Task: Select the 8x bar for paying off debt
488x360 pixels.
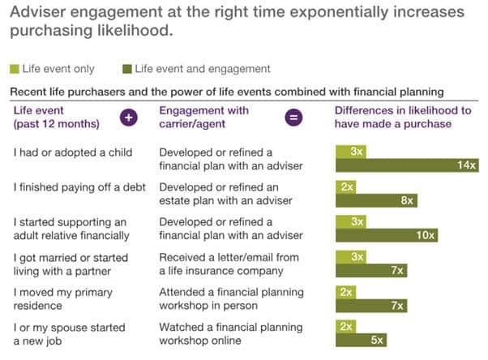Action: tap(377, 200)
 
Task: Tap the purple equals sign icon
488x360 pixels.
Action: tap(294, 118)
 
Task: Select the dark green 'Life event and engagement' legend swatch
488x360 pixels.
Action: tap(127, 70)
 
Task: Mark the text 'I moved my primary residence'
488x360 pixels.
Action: tap(63, 298)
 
